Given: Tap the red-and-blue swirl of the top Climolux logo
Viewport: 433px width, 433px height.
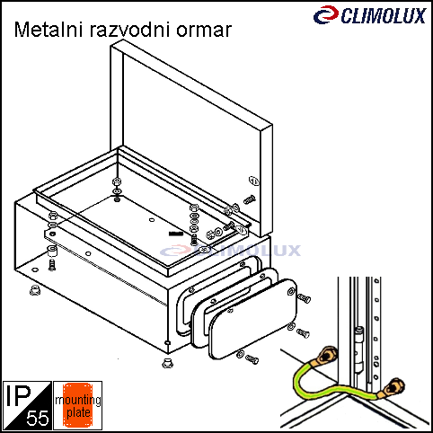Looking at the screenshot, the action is tap(326, 14).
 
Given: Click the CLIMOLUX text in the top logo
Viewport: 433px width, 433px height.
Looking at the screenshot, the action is tap(384, 16).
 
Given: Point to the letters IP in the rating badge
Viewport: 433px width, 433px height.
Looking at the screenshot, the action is tap(19, 395).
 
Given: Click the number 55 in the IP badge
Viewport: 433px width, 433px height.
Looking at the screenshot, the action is tap(38, 418).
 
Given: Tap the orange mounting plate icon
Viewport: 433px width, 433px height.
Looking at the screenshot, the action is tap(77, 405).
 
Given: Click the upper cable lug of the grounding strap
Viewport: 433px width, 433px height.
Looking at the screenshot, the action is tap(327, 356).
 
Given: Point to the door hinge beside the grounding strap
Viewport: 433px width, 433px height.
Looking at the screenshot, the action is tap(358, 349).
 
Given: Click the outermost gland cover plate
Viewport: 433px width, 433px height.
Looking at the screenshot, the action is tap(253, 318).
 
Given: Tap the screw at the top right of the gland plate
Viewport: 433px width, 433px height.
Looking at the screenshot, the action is tap(305, 298).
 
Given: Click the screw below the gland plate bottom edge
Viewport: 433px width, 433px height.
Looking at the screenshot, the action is tap(252, 359).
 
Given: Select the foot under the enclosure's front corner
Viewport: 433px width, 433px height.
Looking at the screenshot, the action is tap(167, 363).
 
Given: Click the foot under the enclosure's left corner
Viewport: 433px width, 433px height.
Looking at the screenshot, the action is tap(35, 289).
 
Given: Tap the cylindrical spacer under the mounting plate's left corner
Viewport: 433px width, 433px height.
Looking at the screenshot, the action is tap(52, 251).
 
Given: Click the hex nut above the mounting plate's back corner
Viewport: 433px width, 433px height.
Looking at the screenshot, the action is tap(117, 181).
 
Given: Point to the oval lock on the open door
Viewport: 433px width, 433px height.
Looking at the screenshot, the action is tap(254, 181).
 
